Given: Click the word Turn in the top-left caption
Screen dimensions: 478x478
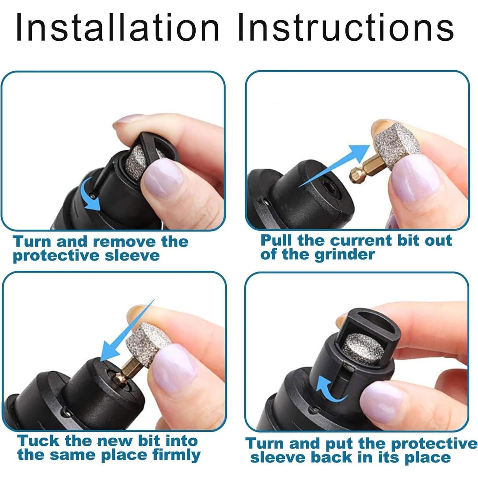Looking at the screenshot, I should pos(32,241).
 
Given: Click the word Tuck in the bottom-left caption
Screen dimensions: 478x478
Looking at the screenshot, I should pos(38,441).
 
